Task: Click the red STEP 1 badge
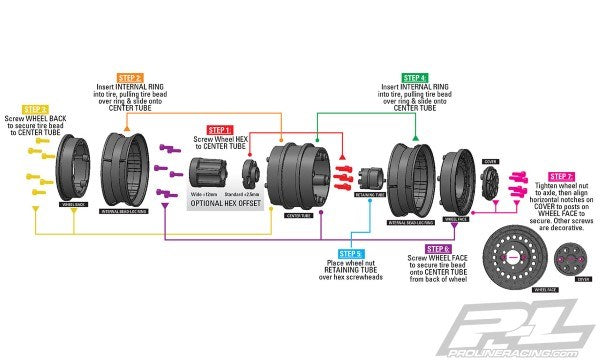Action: (x=219, y=129)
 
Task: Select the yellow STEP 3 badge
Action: (x=34, y=109)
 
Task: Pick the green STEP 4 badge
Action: (x=416, y=76)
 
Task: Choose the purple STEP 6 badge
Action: (x=438, y=248)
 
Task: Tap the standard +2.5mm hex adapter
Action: (x=250, y=171)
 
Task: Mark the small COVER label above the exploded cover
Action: (x=489, y=160)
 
